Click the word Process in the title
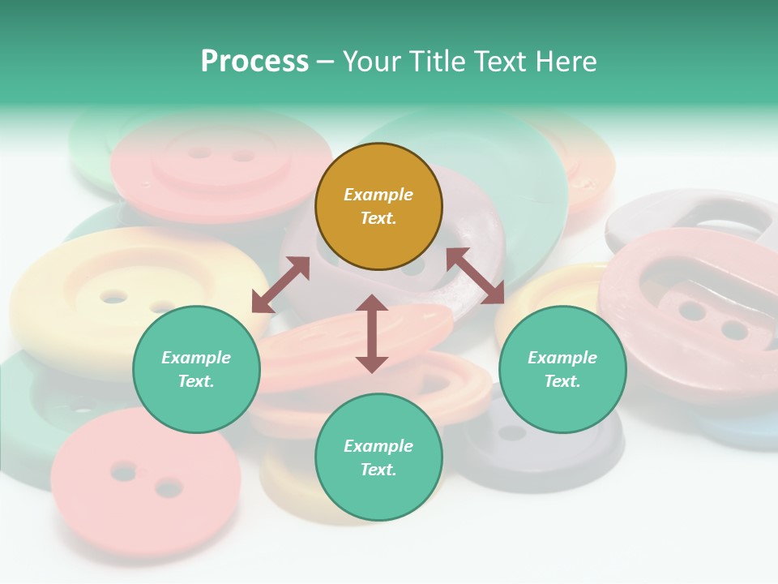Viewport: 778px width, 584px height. click(254, 62)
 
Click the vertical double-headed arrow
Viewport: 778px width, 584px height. click(372, 333)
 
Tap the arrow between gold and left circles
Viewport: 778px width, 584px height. click(280, 285)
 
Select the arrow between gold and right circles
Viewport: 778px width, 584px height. click(476, 276)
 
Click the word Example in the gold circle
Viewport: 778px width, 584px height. click(378, 195)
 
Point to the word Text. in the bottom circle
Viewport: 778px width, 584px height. click(378, 470)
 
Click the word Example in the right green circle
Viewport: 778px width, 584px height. click(562, 358)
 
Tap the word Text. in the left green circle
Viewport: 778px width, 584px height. click(196, 381)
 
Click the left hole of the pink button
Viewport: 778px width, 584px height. click(123, 470)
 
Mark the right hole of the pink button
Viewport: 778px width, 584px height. click(169, 488)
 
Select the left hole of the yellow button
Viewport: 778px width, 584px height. click(113, 297)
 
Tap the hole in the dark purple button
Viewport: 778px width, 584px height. click(511, 432)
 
